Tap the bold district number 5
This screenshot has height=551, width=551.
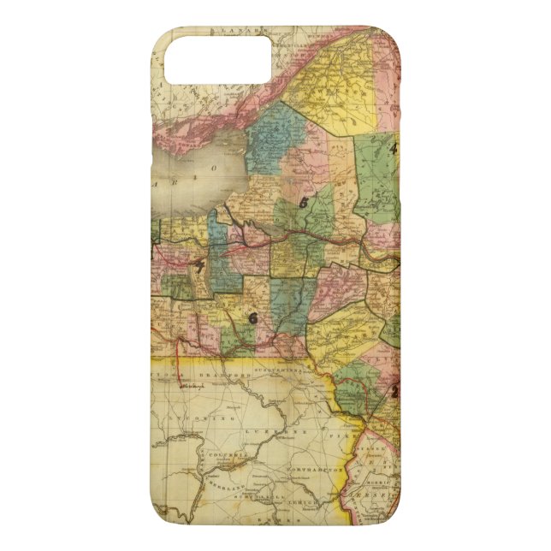pyautogui.click(x=304, y=203)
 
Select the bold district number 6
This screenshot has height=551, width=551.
pyautogui.click(x=252, y=318)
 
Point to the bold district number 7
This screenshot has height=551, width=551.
pyautogui.click(x=200, y=268)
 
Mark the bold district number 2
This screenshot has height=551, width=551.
pyautogui.click(x=394, y=390)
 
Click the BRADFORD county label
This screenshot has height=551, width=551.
pyautogui.click(x=227, y=375)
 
